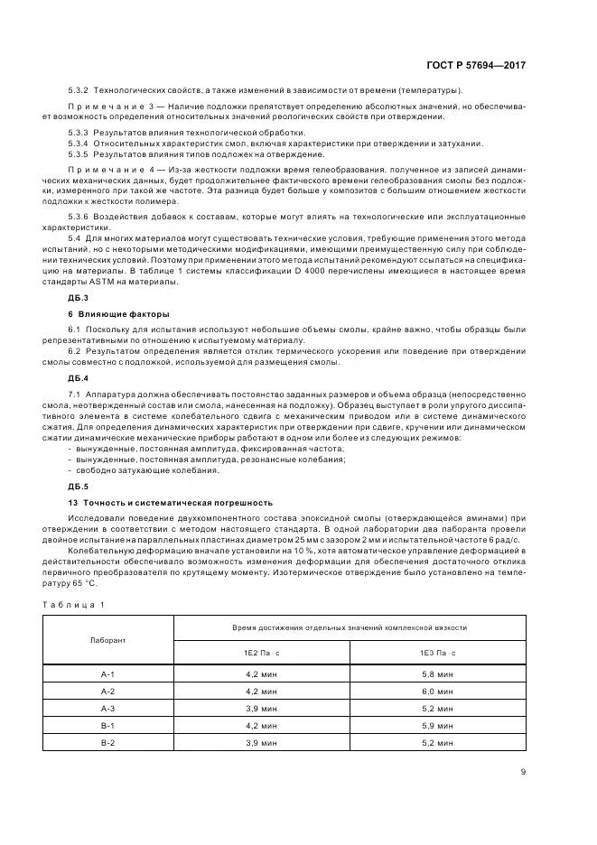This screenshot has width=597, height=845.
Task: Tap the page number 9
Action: [x=524, y=771]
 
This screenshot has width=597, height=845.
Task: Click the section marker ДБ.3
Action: [x=78, y=297]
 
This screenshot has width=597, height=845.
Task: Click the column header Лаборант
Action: [x=108, y=639]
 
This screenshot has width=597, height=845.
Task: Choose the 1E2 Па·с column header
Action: [x=261, y=652]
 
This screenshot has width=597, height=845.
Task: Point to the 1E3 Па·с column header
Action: [x=437, y=652]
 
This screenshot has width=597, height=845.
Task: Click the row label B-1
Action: [x=108, y=725]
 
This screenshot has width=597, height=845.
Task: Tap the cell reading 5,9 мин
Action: [x=437, y=725]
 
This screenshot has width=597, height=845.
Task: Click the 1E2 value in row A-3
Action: [x=261, y=709]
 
